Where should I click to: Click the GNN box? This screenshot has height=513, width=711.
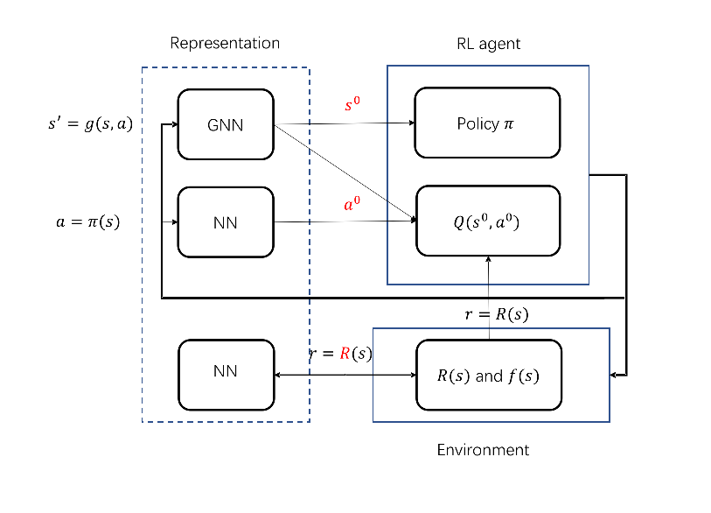226,124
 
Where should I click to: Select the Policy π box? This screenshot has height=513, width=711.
486,123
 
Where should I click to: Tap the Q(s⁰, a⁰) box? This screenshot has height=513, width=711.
486,221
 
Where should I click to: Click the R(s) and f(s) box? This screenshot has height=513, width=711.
487,376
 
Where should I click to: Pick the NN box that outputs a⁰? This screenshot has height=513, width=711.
226,222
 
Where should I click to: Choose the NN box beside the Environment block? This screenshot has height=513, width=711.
226,371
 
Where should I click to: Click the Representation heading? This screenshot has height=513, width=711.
225,43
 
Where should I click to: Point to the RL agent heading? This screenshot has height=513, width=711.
489,44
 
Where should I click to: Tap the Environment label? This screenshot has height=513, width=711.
483,450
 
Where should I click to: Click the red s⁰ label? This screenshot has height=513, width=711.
352,105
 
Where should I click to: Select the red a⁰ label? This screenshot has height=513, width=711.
352,204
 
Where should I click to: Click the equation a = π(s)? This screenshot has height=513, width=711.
87,222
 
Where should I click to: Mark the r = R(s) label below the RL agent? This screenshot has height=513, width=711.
496,313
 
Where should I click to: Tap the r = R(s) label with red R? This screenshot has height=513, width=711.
343,354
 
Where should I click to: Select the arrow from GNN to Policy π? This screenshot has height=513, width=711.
350,123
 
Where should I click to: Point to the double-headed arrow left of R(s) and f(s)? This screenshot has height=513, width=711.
345,375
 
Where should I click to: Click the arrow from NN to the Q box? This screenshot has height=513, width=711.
345,221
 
